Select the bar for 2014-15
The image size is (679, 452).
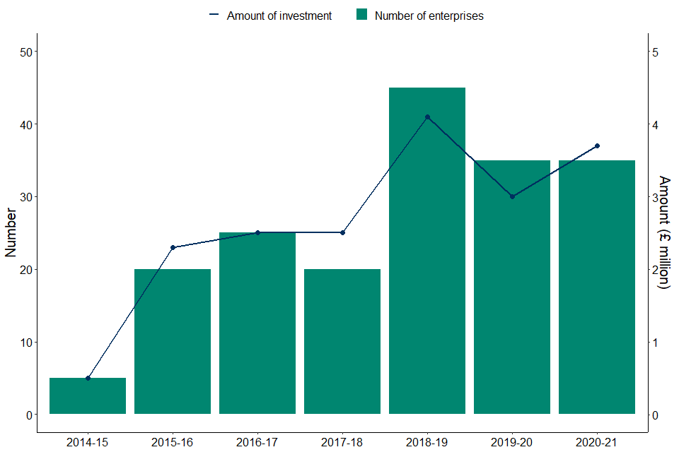pos(88,396)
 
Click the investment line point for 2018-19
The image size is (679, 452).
pos(427,117)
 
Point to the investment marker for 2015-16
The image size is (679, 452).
pos(173,248)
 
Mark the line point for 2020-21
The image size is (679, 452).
pos(597,146)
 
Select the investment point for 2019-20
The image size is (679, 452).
pos(512,196)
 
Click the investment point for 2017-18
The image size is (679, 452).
pos(342,232)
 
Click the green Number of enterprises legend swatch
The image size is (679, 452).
pos(362,15)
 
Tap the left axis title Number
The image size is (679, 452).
pos(11,232)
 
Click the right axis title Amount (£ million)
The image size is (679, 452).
pos(664,232)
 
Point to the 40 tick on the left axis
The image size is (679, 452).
pos(22,124)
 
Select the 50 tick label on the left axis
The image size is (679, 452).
pos(22,52)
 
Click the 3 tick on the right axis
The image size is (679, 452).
pos(656,197)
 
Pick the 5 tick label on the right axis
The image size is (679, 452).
pos(656,52)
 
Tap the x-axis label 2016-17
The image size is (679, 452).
pos(257,442)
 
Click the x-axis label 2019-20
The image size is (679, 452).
pos(512,442)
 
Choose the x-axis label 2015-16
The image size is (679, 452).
pos(173,442)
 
